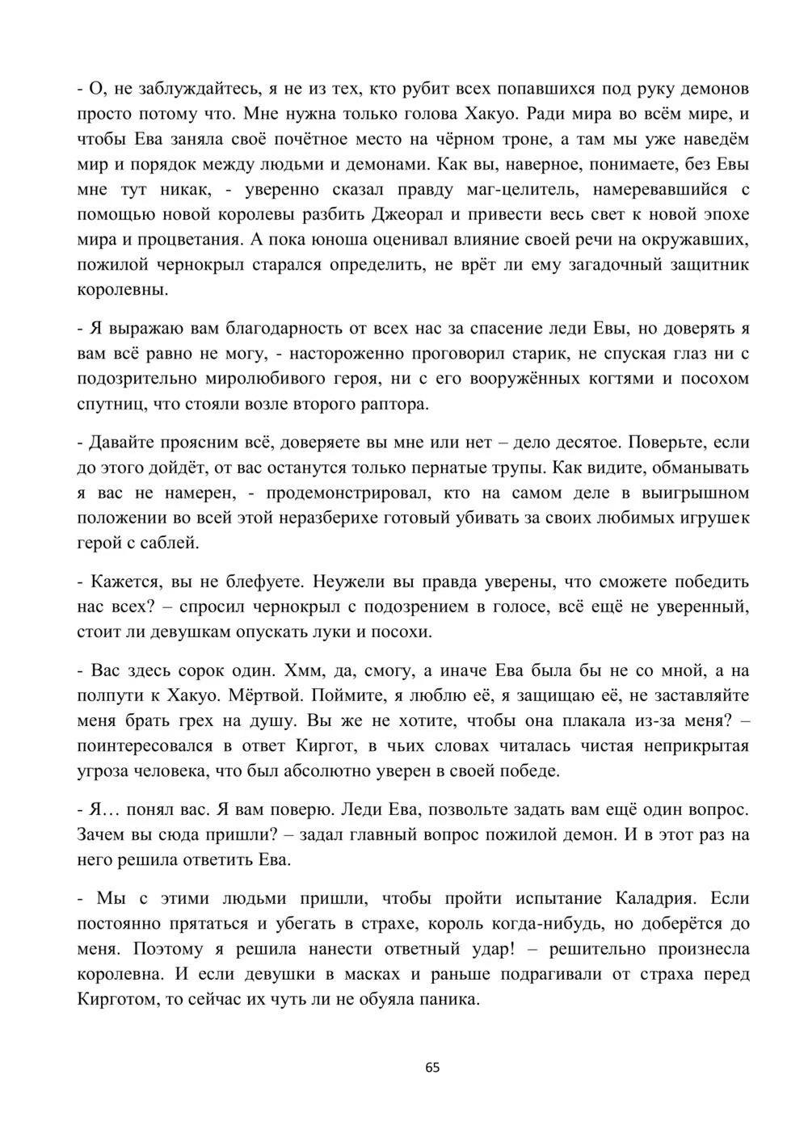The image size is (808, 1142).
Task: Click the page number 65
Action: (x=432, y=1067)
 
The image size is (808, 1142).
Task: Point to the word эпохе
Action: (x=725, y=215)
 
